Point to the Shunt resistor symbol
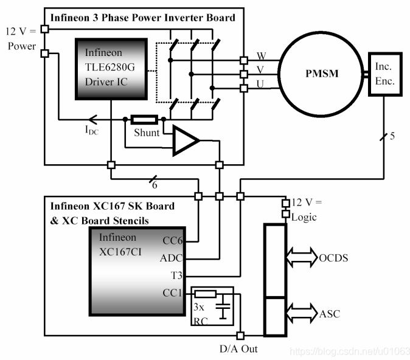(145, 119)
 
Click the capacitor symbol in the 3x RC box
(224, 307)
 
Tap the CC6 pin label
(172, 241)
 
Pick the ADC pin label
(171, 258)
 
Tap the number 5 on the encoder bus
(392, 136)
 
